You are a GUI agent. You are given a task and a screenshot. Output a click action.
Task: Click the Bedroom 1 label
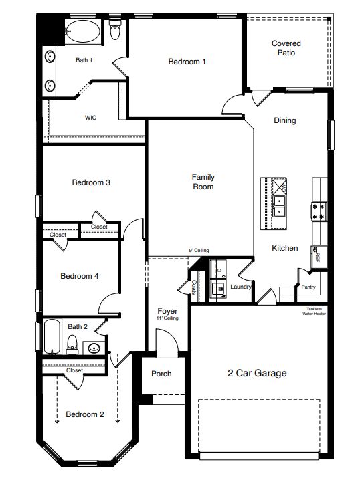187,62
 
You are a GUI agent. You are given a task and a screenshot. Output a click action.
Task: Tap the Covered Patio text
286,48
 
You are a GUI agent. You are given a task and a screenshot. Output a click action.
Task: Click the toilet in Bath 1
114,31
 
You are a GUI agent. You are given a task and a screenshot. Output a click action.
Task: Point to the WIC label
90,117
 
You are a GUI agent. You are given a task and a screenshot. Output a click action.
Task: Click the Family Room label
203,182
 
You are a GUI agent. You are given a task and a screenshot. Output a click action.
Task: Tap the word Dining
285,121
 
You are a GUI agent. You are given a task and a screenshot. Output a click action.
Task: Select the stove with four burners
318,212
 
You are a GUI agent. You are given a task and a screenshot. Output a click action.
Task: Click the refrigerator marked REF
318,255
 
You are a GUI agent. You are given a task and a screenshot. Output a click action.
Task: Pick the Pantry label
308,287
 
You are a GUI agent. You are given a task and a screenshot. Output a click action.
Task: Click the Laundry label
240,287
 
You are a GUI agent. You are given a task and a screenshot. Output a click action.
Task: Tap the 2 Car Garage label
257,373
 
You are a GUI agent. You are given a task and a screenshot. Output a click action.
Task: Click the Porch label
161,374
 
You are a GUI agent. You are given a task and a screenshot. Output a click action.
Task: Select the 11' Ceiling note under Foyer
167,318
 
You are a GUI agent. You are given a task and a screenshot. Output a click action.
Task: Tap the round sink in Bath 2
94,347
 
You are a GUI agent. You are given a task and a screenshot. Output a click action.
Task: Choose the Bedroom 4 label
80,276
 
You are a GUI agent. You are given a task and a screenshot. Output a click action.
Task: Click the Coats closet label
194,287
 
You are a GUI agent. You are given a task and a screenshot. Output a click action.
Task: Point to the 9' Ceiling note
199,251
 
